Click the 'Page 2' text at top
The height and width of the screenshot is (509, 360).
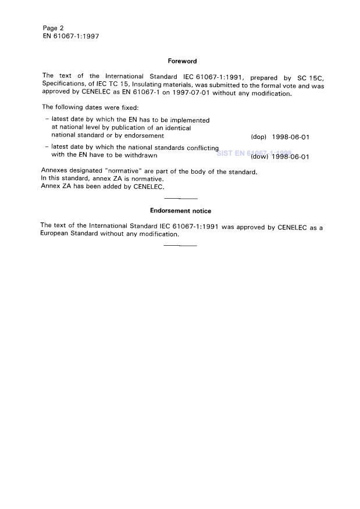(53, 28)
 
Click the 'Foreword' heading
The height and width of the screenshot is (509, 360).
(182, 61)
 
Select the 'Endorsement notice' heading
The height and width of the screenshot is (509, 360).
(180, 211)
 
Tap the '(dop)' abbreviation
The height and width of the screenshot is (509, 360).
(258, 137)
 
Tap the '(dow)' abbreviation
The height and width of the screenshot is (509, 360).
(259, 156)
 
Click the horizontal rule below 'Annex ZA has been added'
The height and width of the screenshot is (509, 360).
(180, 199)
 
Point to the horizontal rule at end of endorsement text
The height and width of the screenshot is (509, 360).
(180, 245)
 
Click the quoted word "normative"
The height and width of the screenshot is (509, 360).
(122, 171)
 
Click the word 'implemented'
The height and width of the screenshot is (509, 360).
(188, 120)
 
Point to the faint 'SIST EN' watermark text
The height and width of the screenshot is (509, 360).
(230, 153)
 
